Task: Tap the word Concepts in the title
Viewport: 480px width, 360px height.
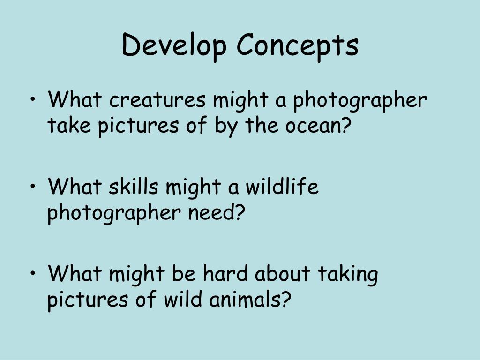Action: point(298,45)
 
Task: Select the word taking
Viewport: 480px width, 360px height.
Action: point(348,274)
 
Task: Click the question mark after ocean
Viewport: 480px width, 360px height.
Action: point(345,127)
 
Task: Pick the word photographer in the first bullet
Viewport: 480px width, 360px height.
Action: point(360,101)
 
